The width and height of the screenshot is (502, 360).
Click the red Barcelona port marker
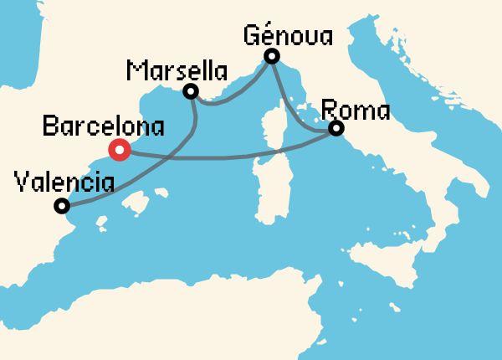coord(120,151)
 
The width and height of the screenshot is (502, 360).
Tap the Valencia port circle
coord(60,206)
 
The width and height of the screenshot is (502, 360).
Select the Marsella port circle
coord(191,90)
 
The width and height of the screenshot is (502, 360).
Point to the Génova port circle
coord(271,56)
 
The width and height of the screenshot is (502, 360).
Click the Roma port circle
coord(336,129)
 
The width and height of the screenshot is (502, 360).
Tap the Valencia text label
coord(64,181)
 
